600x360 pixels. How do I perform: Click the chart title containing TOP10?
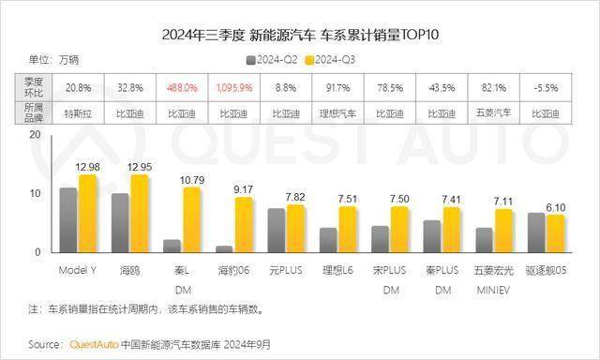pyautogui.click(x=300, y=36)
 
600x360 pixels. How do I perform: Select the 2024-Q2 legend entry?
pyautogui.click(x=274, y=59)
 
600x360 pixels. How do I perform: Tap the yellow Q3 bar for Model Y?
pyautogui.click(x=87, y=214)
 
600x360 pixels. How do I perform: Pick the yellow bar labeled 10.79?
pyautogui.click(x=191, y=220)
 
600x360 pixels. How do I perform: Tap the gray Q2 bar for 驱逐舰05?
pyautogui.click(x=535, y=232)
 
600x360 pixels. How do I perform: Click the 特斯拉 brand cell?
pyautogui.click(x=79, y=112)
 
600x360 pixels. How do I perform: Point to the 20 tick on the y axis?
pyautogui.click(x=35, y=135)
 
